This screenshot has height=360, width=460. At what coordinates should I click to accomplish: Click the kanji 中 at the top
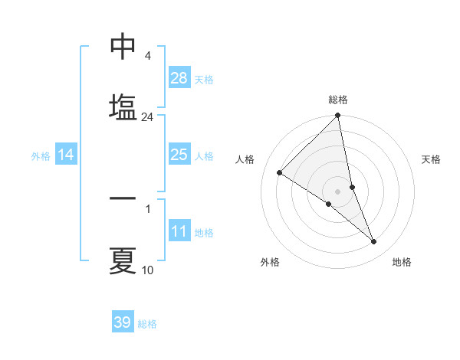pos(123,47)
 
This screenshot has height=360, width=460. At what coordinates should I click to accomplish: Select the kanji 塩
pos(123,108)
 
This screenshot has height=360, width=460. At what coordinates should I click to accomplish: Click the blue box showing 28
pos(179,78)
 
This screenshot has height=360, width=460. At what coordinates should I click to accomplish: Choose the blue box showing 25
pos(179,155)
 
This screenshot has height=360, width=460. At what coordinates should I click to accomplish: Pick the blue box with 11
pos(179,231)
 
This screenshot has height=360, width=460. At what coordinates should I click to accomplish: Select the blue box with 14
pos(66,155)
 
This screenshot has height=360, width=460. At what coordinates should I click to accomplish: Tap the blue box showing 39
pos(123,322)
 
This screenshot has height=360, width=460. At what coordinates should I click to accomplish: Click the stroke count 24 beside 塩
pos(147,117)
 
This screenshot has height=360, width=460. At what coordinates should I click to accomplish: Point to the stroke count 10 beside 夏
pos(147,270)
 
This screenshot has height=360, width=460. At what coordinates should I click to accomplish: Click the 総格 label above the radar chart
pos(338,100)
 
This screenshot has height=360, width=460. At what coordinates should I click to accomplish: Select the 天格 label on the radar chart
pos(431,159)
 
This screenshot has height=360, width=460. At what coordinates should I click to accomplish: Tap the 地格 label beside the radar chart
pos(402,262)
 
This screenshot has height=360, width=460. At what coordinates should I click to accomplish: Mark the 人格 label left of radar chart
pos(245,159)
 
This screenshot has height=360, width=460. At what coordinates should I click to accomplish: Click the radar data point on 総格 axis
pos(338,116)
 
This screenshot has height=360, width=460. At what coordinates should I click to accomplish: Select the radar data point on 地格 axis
pos(374,242)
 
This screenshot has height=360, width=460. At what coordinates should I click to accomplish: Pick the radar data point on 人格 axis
pos(280,172)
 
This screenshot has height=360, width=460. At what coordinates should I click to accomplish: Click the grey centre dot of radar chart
pos(338,191)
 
